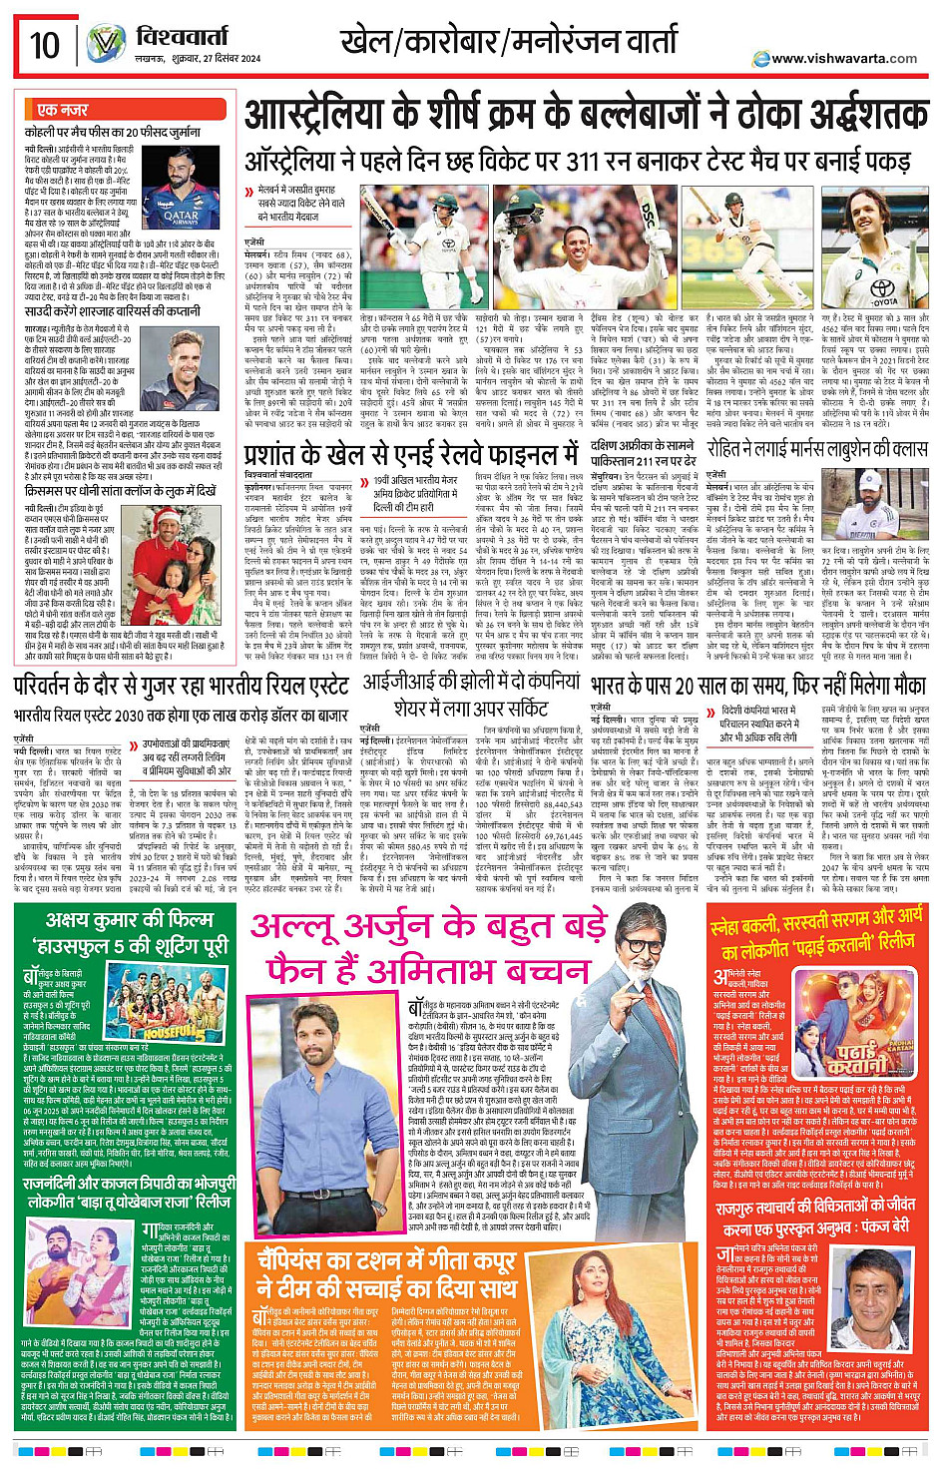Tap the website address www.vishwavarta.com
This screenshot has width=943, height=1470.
tap(844, 58)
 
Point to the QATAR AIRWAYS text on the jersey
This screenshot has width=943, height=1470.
tap(181, 217)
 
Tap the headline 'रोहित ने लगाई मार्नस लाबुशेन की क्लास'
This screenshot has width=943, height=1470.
tap(816, 448)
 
